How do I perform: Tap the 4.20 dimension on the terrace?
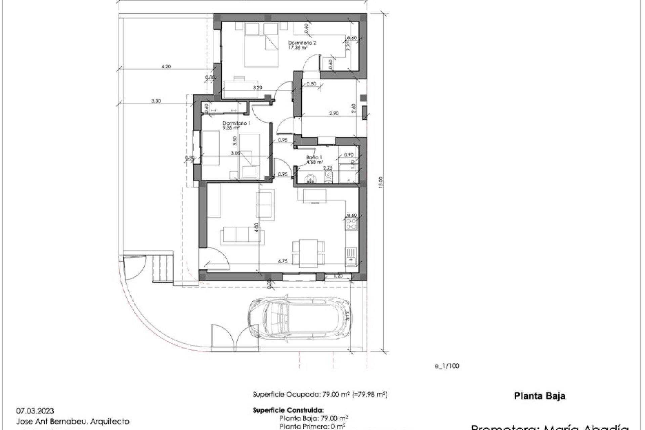pos(166,67)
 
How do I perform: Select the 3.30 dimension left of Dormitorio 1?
pos(156,100)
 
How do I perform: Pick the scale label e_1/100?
pos(447,366)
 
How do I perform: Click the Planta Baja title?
pos(540,396)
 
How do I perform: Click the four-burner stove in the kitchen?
pos(351,224)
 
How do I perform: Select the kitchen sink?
pos(351,256)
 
